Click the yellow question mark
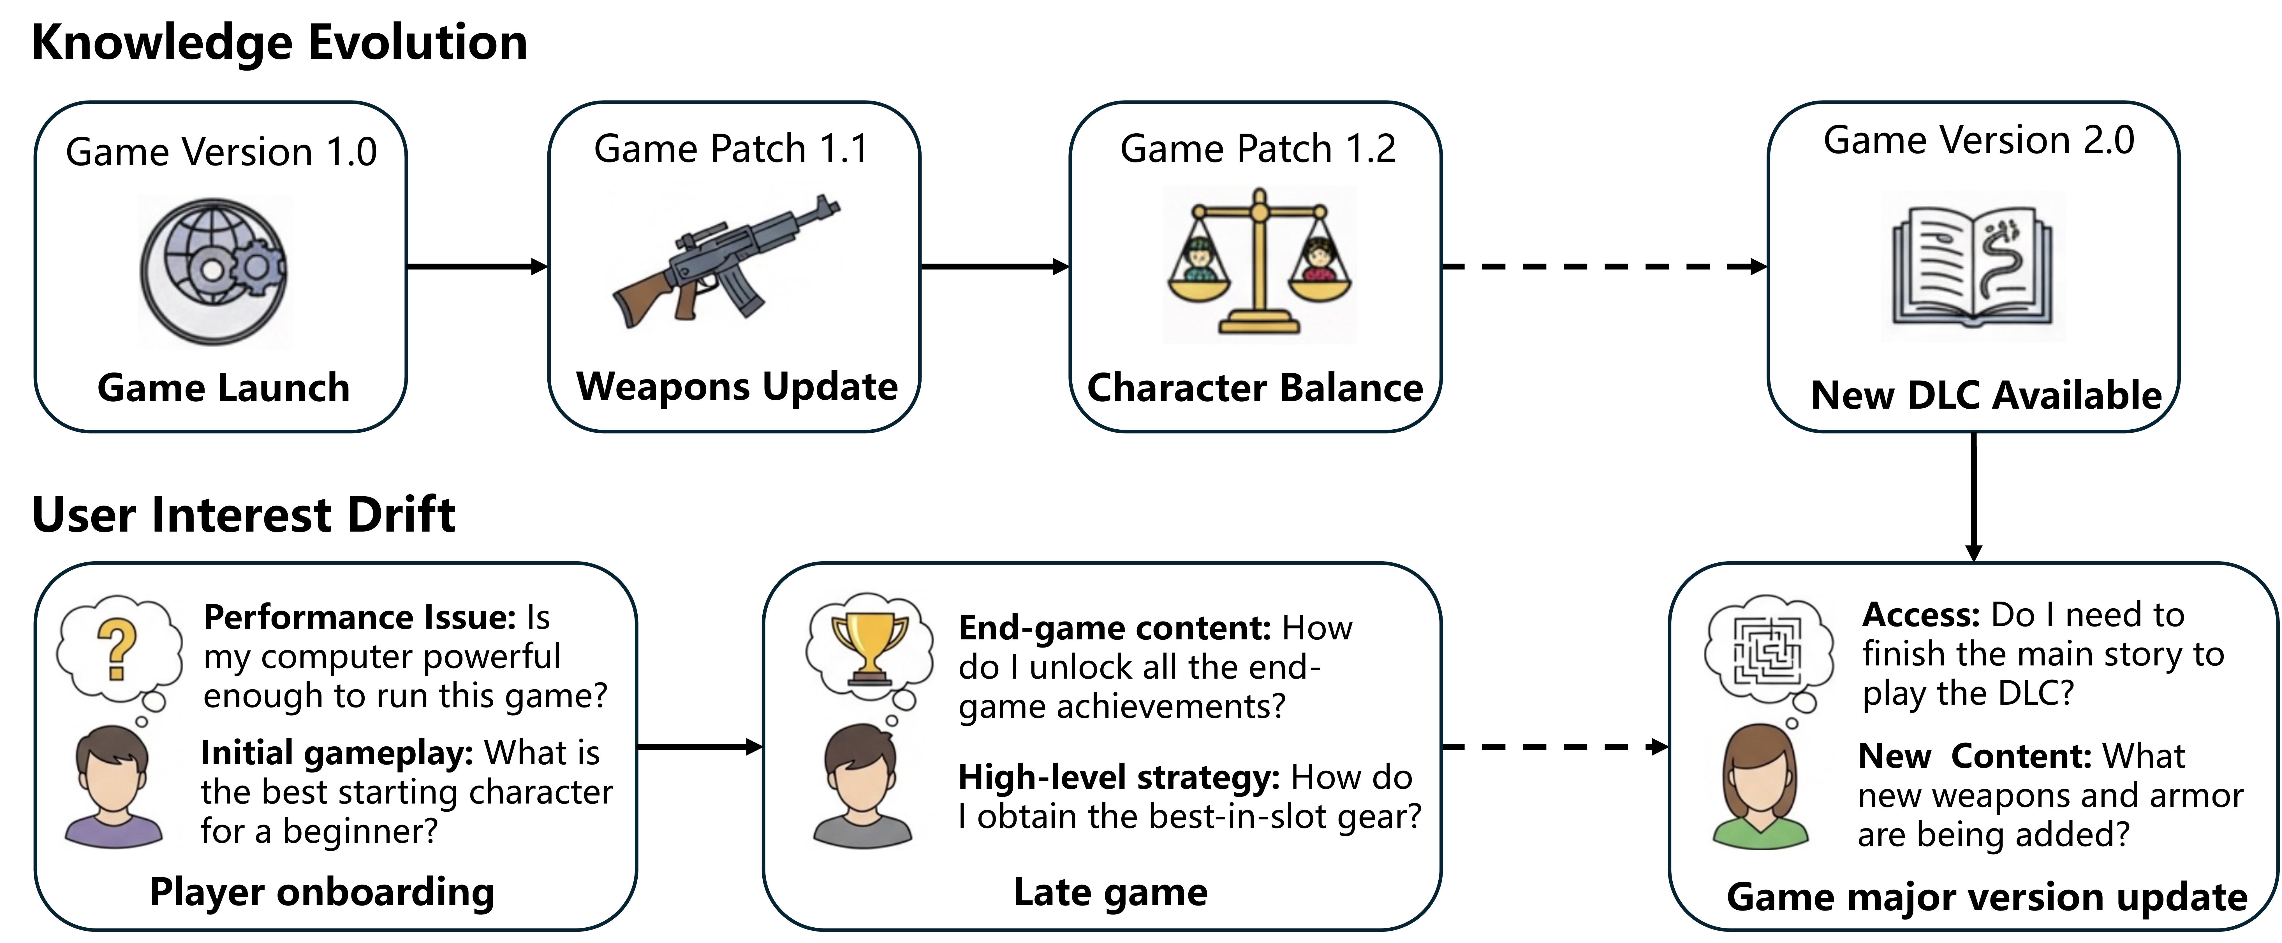click(x=117, y=649)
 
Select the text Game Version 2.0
click(x=1978, y=140)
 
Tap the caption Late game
click(x=1110, y=892)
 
